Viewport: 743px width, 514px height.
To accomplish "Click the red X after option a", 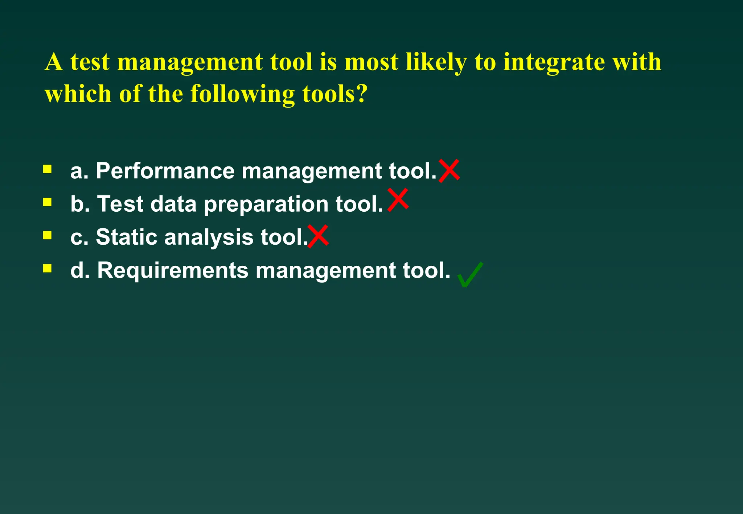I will coord(449,171).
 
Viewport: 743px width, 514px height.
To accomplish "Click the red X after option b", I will coord(398,200).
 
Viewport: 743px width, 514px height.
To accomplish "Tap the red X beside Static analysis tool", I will coord(318,236).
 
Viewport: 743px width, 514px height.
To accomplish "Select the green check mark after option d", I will coord(470,275).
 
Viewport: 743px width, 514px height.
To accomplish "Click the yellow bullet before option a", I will coord(47,169).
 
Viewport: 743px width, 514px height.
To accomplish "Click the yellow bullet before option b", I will coord(47,202).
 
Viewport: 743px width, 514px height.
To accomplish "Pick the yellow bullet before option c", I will coord(47,236).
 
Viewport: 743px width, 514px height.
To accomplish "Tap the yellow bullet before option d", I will coord(47,268).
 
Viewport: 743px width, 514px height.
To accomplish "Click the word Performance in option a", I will coord(165,171).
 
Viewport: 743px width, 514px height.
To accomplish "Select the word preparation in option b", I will coord(266,204).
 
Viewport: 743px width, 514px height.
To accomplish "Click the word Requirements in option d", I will coord(173,271).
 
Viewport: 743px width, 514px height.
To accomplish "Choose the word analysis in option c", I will coord(209,238).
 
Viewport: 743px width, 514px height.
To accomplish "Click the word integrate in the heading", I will coord(554,62).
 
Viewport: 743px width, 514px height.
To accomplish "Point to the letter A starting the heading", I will coord(54,62).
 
